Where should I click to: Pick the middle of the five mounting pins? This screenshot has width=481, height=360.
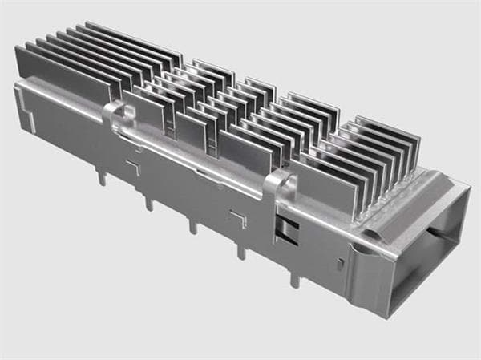point(193,227)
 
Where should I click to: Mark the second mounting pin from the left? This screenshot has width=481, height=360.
point(148,203)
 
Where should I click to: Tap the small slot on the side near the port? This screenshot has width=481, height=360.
point(340,264)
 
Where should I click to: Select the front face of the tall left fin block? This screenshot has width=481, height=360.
point(60,76)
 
